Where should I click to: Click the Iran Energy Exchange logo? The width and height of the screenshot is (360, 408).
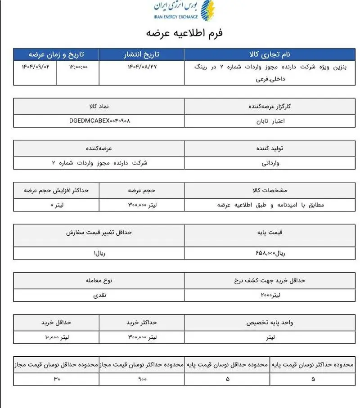184,11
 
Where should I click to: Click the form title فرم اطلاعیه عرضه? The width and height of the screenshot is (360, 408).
184,33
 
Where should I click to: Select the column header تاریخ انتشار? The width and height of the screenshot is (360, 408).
142,54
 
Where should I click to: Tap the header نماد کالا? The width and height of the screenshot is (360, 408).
99,107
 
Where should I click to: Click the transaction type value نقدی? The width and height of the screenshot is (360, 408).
99,295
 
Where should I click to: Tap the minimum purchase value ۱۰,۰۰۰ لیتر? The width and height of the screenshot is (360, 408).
57,337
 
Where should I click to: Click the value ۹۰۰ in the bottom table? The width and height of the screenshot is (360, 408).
142,379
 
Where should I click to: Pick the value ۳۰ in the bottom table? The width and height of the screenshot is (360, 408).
56,379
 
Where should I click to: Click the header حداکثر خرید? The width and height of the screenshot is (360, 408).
142,323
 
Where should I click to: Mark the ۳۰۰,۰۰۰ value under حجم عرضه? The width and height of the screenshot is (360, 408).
142,205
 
